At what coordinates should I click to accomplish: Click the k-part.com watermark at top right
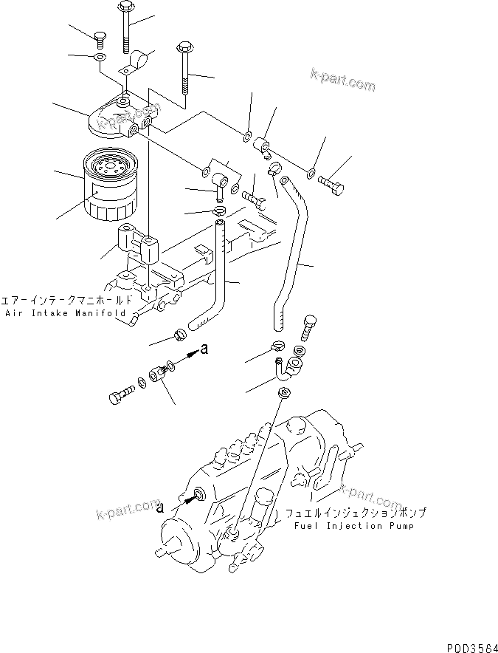click(342, 82)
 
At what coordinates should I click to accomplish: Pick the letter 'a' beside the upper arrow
click(204, 350)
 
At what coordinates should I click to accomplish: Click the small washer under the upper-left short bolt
click(99, 57)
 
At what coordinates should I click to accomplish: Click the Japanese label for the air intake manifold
click(69, 301)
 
